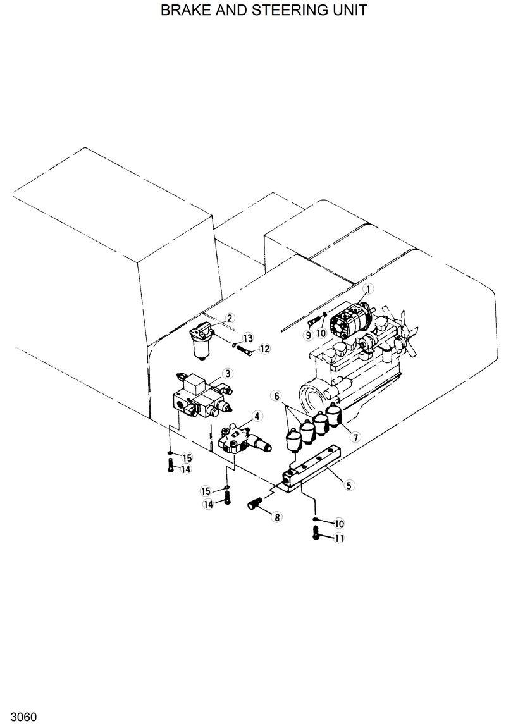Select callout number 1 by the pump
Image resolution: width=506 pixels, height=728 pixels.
(369, 288)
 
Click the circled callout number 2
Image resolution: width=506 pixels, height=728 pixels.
(230, 318)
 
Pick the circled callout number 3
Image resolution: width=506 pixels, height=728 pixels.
(227, 374)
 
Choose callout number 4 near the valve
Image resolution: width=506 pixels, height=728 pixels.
(256, 416)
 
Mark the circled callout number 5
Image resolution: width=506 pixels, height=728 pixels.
(349, 486)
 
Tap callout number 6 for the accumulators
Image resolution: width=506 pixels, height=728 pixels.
(276, 395)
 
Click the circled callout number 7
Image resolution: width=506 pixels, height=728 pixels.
(355, 437)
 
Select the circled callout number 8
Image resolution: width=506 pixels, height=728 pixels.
(276, 517)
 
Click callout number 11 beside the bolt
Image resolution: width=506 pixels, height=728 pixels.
(339, 538)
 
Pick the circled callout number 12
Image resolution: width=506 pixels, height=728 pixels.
(264, 349)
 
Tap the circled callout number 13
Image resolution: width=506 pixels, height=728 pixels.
(247, 337)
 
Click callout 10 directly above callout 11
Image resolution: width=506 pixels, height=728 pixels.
(339, 523)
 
